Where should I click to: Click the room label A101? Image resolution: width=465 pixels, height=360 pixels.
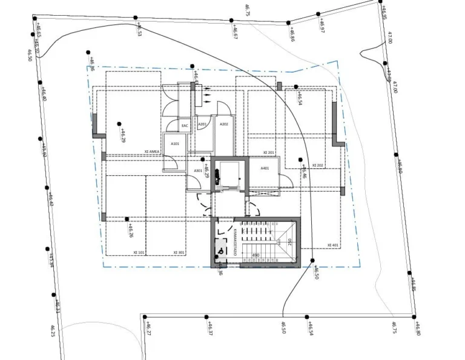[175, 144]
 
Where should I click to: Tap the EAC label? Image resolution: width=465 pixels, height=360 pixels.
[185, 126]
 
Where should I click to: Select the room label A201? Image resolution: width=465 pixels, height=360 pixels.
[203, 124]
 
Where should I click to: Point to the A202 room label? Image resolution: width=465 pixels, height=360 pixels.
[223, 124]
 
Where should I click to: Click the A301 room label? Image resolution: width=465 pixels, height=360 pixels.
[198, 171]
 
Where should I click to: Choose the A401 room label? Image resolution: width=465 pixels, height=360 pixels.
[265, 168]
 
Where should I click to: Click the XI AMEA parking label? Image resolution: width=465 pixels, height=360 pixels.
[152, 152]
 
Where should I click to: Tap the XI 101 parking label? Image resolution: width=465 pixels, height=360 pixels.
[138, 252]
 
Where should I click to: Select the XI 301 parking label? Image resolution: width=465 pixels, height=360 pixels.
[179, 252]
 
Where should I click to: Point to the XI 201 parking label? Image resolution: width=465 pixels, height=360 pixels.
[269, 153]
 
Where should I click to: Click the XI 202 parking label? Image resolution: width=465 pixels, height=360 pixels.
[318, 165]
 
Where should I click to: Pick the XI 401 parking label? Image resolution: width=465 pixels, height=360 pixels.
[333, 245]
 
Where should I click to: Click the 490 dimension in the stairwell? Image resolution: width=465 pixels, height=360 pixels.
[256, 256]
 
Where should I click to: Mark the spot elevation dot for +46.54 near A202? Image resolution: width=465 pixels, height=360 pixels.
[297, 87]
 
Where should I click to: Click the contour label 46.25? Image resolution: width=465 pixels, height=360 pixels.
[53, 331]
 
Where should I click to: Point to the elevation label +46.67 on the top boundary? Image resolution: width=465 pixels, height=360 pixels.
[234, 33]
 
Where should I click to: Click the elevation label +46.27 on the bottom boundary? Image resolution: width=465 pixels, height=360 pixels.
[149, 328]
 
